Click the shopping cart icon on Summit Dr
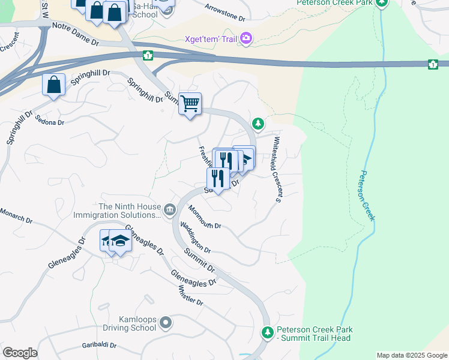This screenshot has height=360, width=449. click(190, 104)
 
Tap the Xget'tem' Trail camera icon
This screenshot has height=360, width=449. click(246, 39)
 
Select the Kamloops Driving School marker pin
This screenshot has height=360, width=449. click(166, 323)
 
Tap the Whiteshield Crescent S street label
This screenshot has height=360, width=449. click(278, 170)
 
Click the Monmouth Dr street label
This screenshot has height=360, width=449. click(205, 217)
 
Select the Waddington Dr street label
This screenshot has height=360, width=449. click(196, 238)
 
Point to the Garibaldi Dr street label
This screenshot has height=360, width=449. click(99, 346)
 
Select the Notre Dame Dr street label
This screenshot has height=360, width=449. click(76, 34)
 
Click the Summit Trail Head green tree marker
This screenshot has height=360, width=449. click(267, 332)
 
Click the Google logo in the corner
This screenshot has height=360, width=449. click(20, 353)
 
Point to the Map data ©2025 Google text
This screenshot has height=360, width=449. click(412, 355)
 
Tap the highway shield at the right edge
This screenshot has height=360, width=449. click(433, 64)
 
